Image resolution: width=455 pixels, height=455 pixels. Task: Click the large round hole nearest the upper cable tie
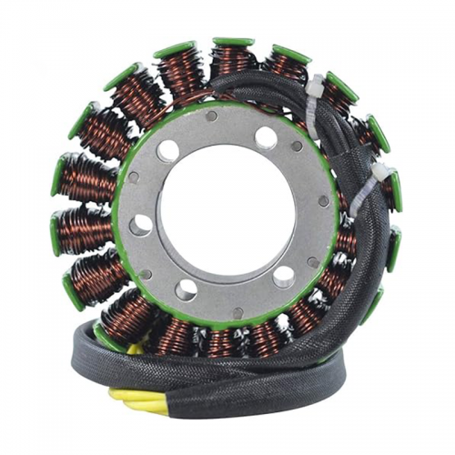[266, 137]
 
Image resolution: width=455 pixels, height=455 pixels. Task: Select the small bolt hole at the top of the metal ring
[211, 116]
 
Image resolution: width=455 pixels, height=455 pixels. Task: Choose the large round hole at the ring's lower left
[187, 289]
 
